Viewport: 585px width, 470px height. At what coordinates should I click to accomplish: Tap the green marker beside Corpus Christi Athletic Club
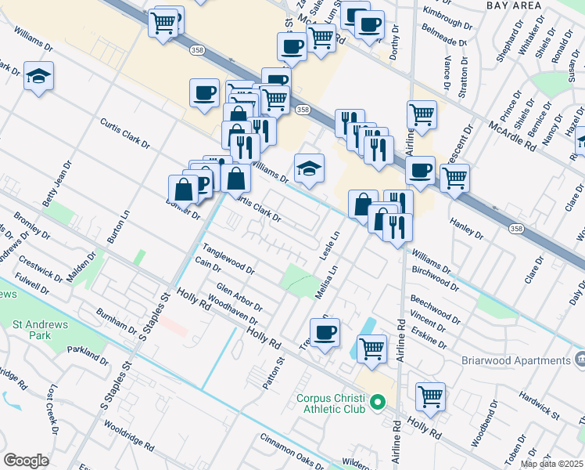coord(379,403)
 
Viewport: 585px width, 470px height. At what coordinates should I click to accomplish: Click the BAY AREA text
coord(513,5)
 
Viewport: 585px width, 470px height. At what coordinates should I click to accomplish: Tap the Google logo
coord(26,461)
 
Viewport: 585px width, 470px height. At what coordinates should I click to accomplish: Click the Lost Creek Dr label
coord(52,407)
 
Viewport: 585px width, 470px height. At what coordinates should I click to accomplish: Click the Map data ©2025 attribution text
coord(552,464)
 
